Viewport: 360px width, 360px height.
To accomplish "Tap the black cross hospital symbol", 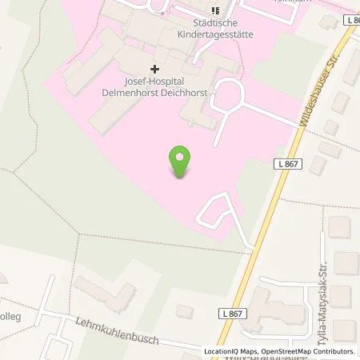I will pyautogui.click(x=154, y=70).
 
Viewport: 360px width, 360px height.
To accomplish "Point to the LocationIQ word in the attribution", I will pyautogui.click(x=221, y=351).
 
